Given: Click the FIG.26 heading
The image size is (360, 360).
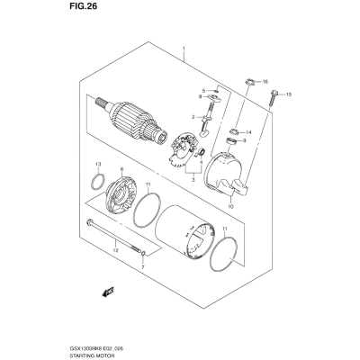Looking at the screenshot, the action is click(84, 6).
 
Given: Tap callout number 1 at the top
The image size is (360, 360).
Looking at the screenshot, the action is click(184, 49).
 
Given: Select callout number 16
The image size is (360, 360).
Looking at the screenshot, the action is click(265, 82).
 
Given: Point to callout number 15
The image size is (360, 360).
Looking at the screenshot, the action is click(289, 94).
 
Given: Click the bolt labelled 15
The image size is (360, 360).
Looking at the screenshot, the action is click(273, 98).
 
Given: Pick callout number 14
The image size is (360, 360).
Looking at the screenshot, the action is click(248, 132).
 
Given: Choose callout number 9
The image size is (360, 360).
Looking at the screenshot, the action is click(245, 140).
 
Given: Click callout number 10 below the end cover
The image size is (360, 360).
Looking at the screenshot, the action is click(230, 206).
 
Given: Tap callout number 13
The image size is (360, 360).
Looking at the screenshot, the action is click(98, 164).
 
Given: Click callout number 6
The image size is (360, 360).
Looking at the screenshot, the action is click(121, 169).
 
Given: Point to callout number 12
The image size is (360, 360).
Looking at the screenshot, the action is click(116, 250).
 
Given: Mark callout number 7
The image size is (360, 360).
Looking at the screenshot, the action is click(143, 266).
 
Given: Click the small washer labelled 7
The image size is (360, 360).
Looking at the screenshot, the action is click(143, 254).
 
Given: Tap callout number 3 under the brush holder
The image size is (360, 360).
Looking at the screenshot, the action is click(193, 180).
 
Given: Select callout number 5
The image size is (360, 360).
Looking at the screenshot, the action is click(203, 91).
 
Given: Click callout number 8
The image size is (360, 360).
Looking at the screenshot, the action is click(200, 96).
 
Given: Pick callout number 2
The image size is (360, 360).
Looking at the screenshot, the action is click(193, 116).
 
